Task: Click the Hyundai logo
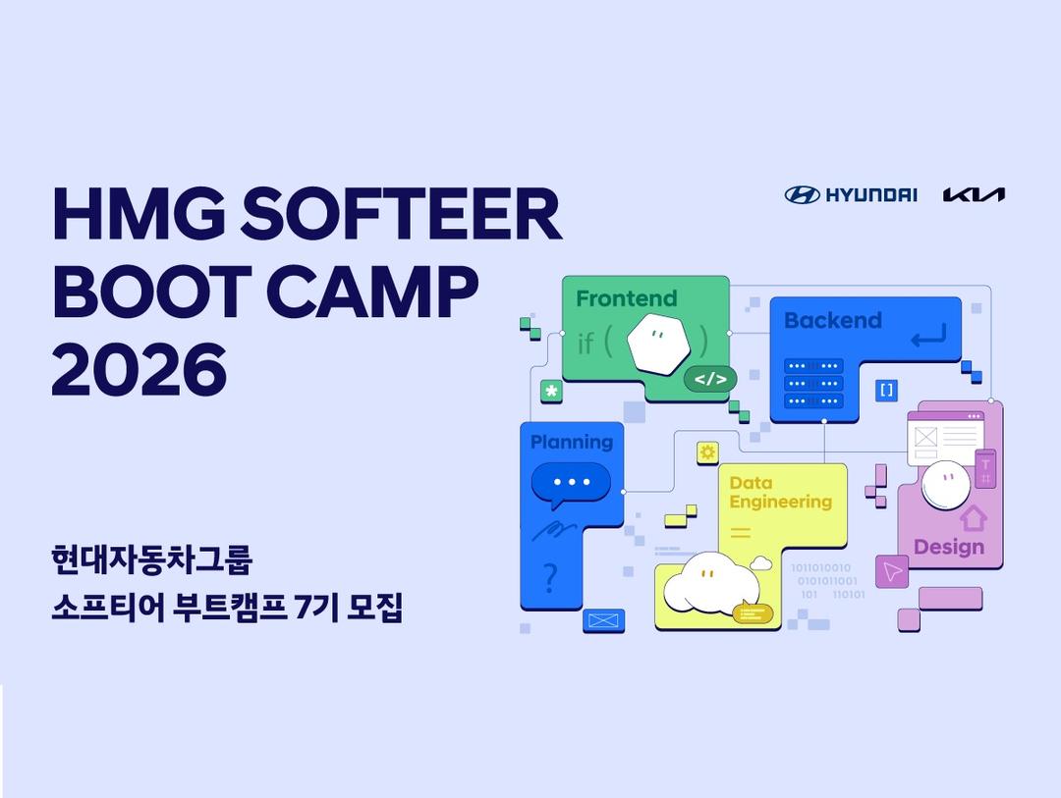point(851,194)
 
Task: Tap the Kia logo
point(974,194)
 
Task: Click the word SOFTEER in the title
point(401,214)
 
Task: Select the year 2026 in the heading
point(140,369)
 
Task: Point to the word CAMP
point(372,292)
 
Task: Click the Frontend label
point(627,298)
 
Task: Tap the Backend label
point(833,320)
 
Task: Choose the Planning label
point(572,443)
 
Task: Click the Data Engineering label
point(781,493)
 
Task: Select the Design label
point(949,547)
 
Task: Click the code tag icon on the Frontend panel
point(710,379)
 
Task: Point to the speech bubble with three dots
point(571,485)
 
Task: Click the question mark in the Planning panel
point(551,579)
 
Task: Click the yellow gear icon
point(707,452)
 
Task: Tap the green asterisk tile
point(551,391)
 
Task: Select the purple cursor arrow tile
point(892,572)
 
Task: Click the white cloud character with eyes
point(710,582)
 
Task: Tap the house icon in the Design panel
point(973,518)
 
